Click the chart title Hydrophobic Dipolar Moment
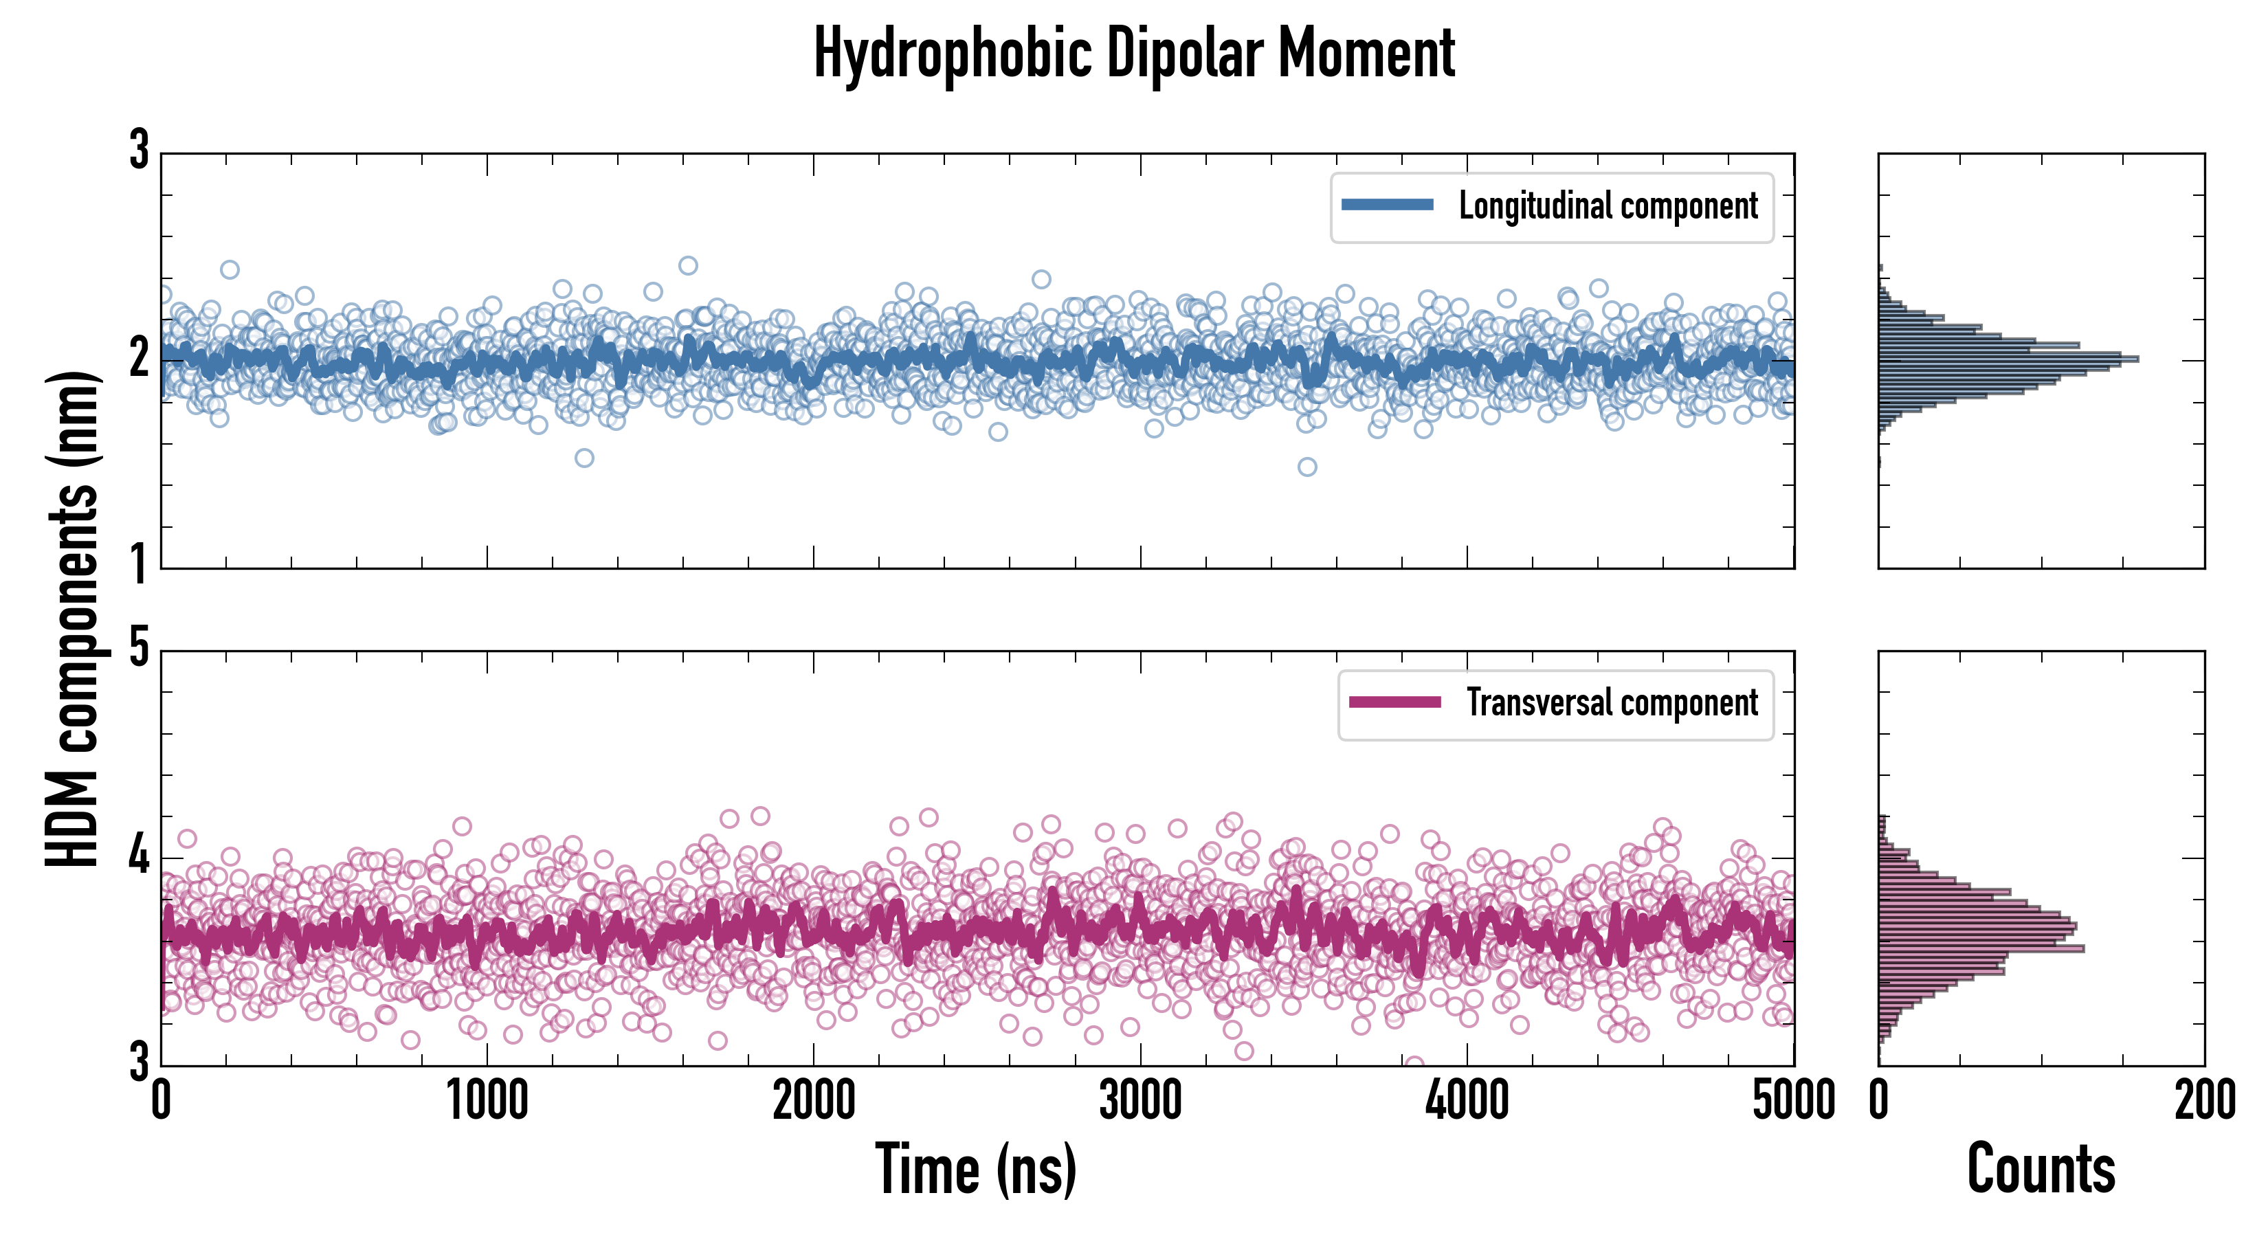1134,54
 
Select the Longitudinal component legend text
1608,206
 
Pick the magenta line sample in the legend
1394,702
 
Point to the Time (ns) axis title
975,1169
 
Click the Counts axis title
2041,1169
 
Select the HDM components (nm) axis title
72,618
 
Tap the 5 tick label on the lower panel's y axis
139,649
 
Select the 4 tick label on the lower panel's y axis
139,856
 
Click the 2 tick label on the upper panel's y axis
139,358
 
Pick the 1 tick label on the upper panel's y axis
139,564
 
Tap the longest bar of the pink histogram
1981,948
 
